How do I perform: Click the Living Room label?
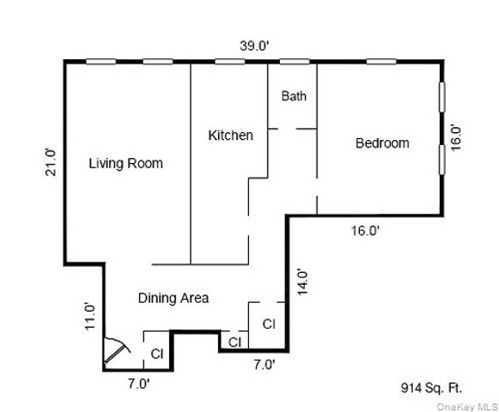(126, 163)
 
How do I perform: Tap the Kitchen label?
(230, 135)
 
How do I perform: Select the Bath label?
(294, 96)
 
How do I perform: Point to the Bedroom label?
(382, 143)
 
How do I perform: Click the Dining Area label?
(173, 298)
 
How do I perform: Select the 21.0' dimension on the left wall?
(51, 163)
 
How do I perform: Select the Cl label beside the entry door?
(157, 354)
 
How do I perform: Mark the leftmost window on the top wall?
(100, 61)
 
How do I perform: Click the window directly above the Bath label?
(295, 61)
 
